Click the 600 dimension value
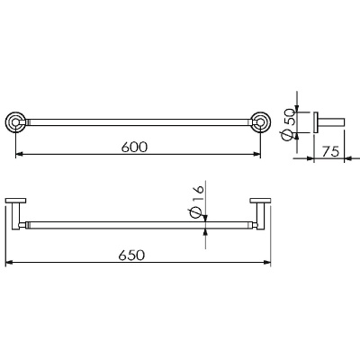[135, 147]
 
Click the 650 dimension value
[131, 256]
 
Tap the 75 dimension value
[330, 151]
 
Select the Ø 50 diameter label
[290, 124]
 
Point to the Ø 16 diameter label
[198, 202]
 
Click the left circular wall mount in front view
[15, 122]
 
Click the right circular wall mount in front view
[260, 122]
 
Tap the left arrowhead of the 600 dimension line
[19, 154]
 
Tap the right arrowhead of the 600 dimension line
[256, 154]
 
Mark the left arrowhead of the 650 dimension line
[10, 263]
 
